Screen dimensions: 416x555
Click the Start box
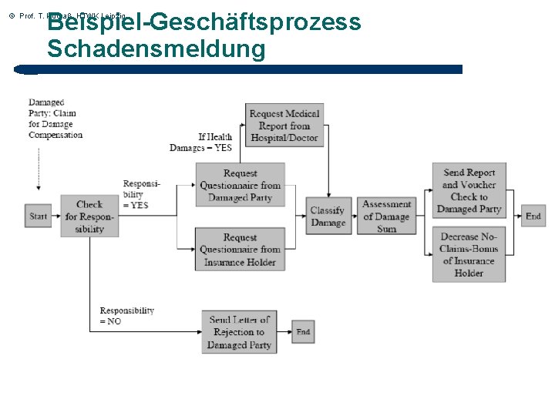(x=39, y=216)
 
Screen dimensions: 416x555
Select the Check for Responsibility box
(x=89, y=216)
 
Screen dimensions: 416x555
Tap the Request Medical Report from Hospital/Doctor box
(x=284, y=126)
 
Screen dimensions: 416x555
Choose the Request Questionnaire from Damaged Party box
(x=240, y=185)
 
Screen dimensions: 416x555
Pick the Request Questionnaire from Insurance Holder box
(x=240, y=250)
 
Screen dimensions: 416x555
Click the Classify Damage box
(x=328, y=216)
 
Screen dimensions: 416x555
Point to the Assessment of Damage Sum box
(x=386, y=216)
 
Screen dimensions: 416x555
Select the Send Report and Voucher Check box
(x=469, y=191)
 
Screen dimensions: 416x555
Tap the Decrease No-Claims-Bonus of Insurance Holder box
(x=469, y=254)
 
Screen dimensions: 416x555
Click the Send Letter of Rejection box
(x=240, y=332)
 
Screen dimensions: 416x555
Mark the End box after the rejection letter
(x=303, y=332)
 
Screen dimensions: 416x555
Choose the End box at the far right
(x=533, y=216)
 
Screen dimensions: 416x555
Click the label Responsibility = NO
(x=126, y=316)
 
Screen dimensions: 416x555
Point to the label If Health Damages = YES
(x=202, y=143)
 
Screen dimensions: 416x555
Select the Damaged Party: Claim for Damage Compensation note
(x=55, y=119)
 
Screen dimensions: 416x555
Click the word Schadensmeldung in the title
(x=156, y=50)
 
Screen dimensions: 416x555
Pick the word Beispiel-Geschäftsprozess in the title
(x=204, y=22)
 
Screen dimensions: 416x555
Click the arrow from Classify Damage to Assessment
(x=356, y=216)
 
